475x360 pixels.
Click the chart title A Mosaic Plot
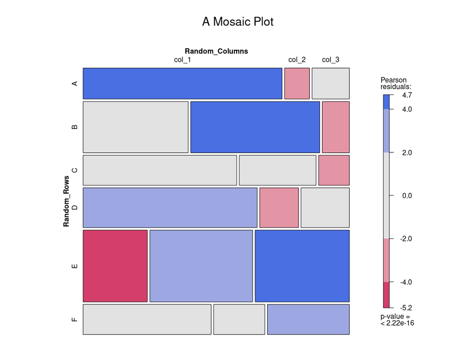(237, 22)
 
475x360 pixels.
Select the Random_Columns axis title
(216, 51)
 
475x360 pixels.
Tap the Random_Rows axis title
(66, 201)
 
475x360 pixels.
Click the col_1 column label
(182, 59)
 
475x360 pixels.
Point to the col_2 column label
(297, 59)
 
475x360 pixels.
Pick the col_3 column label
(330, 59)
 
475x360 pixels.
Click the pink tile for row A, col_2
(297, 84)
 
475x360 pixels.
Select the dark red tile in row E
(115, 266)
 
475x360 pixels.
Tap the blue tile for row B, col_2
(255, 127)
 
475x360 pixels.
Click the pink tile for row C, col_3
(334, 170)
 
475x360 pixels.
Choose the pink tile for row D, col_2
(279, 207)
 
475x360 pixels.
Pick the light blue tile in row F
(308, 319)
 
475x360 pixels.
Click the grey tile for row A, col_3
(330, 84)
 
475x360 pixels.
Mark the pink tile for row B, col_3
(336, 127)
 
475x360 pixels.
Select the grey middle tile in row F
(239, 319)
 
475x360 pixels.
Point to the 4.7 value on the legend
(407, 95)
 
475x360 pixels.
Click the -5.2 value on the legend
(406, 308)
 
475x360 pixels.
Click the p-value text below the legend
(397, 320)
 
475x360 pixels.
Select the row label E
(74, 266)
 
